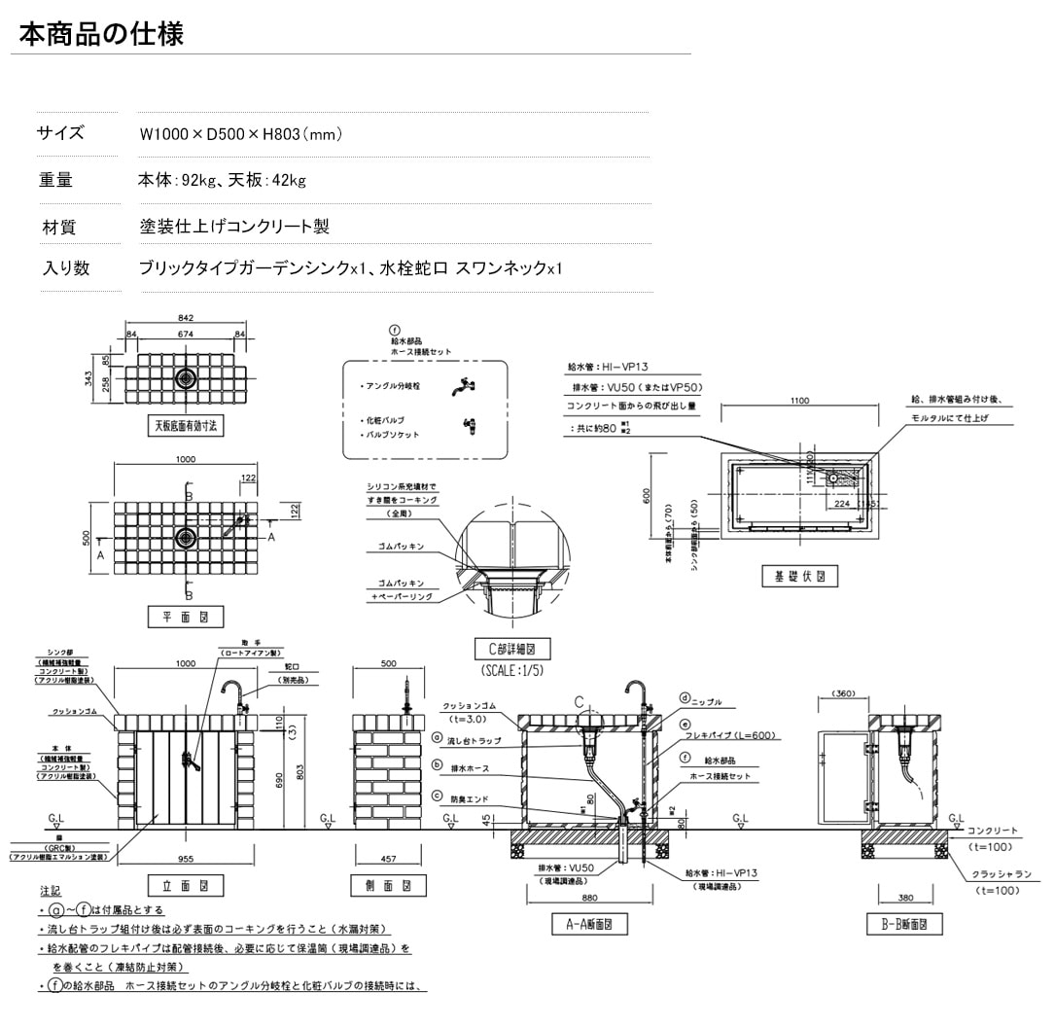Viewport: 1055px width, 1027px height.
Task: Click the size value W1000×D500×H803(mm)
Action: coord(240,134)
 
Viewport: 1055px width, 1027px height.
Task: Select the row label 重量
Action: coord(55,180)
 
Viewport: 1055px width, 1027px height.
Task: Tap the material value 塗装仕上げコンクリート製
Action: coord(234,227)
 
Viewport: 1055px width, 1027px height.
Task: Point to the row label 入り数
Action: coord(65,268)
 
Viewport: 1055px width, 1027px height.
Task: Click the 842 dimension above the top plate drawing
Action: coord(187,318)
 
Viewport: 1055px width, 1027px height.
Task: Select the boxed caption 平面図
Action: coord(185,617)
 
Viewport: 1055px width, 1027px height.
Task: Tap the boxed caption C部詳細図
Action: coord(512,649)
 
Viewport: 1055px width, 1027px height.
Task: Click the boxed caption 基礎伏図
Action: coord(799,576)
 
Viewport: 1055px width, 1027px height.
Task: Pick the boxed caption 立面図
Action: coord(185,885)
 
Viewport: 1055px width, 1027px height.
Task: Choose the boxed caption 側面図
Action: coord(388,885)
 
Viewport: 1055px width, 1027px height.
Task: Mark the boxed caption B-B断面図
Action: coord(904,924)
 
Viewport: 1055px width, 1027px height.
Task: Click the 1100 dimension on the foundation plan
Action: coord(800,400)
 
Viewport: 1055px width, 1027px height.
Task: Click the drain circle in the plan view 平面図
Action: coord(186,538)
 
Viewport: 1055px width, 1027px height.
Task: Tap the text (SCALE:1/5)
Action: coord(512,671)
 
